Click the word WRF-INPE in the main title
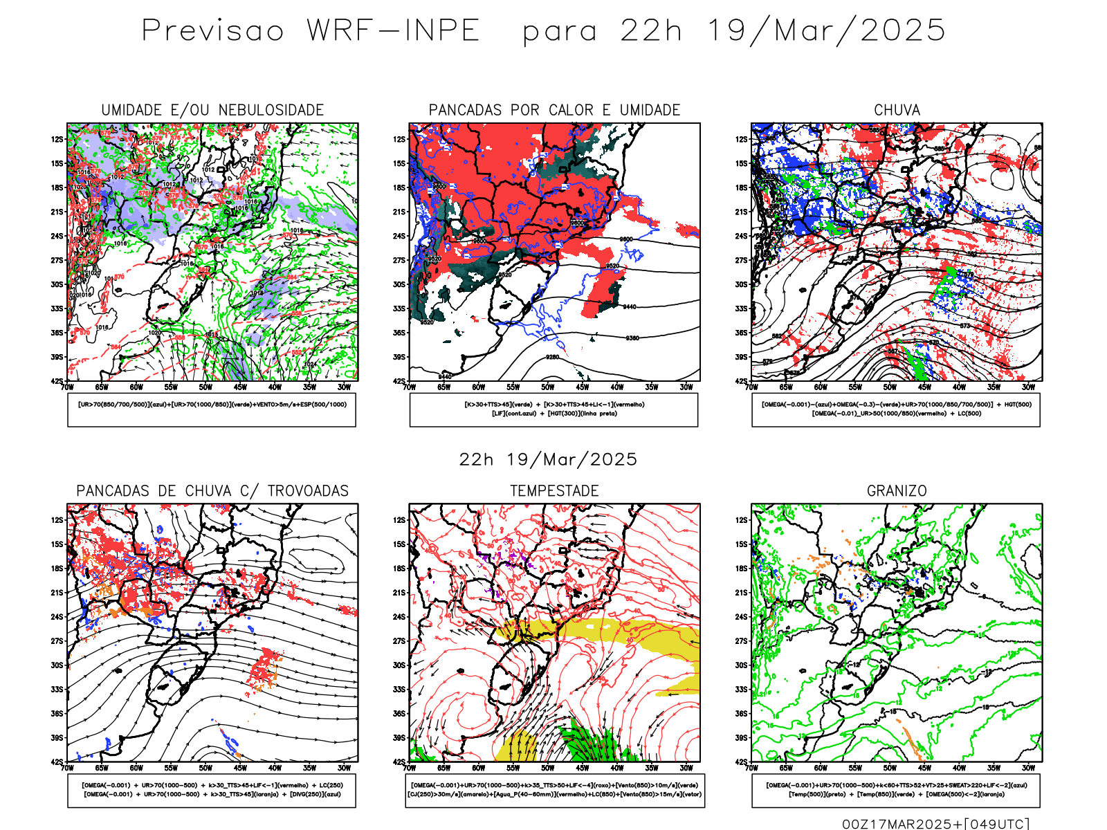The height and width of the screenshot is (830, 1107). [x=393, y=31]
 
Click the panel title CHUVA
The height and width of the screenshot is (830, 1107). [x=897, y=110]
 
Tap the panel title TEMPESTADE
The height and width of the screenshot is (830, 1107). [x=554, y=491]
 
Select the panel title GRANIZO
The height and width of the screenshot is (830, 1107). [x=897, y=491]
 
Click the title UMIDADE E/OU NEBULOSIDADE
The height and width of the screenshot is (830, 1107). [x=212, y=110]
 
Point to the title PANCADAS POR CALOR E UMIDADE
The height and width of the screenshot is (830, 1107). [x=554, y=110]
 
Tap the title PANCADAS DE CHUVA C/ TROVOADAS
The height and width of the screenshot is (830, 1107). [x=212, y=491]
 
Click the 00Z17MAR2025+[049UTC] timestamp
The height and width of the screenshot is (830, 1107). [x=935, y=824]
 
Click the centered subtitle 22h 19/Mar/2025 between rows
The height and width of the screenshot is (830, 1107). [x=548, y=460]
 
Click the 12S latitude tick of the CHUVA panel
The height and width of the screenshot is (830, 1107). [x=741, y=140]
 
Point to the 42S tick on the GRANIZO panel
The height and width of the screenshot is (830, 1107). [x=741, y=762]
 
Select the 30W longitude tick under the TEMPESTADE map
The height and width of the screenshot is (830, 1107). [x=686, y=768]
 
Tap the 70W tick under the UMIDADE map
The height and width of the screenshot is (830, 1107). [x=67, y=387]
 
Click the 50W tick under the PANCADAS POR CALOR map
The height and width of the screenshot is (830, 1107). [x=547, y=387]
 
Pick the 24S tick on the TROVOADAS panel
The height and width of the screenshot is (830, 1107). [x=57, y=617]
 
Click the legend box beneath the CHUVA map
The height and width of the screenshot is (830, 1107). [x=896, y=409]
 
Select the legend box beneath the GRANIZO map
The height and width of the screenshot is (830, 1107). [x=896, y=790]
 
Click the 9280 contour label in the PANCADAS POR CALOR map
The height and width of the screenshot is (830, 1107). [x=552, y=357]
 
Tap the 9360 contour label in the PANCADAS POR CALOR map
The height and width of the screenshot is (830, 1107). [x=632, y=338]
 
